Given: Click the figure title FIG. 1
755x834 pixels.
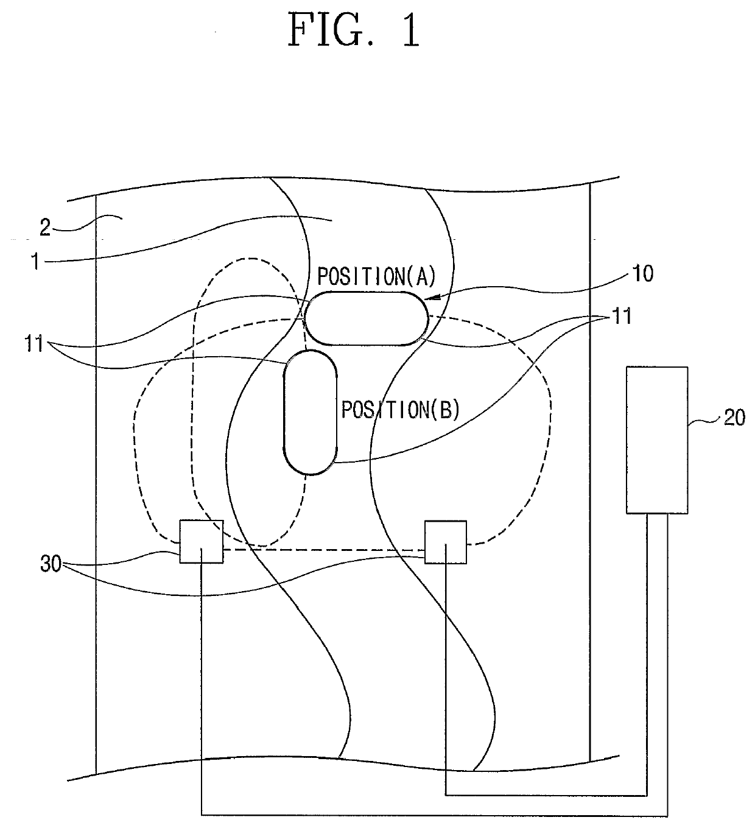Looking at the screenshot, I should coord(354,30).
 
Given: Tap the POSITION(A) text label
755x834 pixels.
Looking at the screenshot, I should coord(377,277).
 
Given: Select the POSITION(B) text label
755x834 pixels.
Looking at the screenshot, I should coord(400,410).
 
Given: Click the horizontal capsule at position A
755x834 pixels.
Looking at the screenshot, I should coord(365,318).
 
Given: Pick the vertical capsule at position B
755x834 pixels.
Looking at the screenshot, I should coord(311,412).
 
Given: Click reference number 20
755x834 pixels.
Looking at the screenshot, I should coord(734,418).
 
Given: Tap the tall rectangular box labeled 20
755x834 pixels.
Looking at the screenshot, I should coord(657,440).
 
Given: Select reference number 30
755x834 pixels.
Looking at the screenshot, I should coord(51,564).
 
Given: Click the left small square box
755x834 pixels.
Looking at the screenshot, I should coord(201,541).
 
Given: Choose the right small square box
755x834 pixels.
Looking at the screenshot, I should coord(446,542).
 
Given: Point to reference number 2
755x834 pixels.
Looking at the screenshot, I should coord(45,228).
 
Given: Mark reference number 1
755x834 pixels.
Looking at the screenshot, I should coord(36,262).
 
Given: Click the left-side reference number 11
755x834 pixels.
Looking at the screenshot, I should coord(35,344).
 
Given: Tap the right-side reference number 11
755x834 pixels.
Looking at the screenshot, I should coord(620,317).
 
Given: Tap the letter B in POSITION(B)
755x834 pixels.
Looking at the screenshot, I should coord(445,411).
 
